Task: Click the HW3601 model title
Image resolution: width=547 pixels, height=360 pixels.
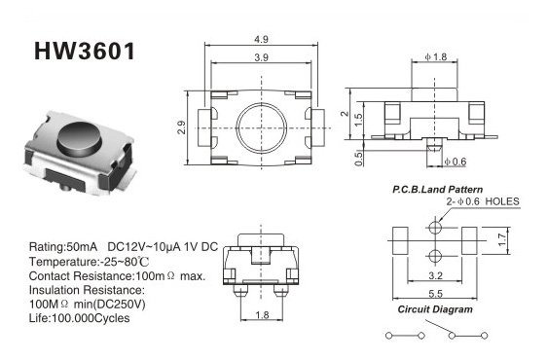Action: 85,52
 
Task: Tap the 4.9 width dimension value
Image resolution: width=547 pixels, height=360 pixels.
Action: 261,40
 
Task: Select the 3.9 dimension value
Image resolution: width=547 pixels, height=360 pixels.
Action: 261,57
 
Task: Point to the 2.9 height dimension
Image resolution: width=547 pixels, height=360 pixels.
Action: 181,127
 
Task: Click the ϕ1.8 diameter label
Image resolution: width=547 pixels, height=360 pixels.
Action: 436,56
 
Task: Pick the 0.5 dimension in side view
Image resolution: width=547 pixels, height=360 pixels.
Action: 358,159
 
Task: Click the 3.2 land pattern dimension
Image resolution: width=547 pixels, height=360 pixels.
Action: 435,276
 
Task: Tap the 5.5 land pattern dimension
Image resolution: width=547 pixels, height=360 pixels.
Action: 435,294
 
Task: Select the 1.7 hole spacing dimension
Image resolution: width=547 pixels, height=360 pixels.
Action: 501,240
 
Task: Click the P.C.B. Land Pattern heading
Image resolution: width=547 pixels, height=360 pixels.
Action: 437,190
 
